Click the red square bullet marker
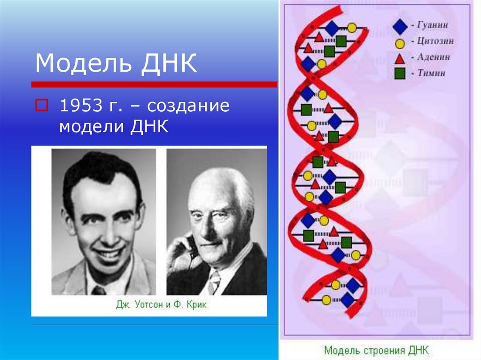41,105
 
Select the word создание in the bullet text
188,106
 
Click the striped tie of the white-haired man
214,281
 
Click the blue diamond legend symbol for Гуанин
400,26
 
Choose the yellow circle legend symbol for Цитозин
400,44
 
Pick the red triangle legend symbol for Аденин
400,58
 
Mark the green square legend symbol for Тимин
400,73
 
